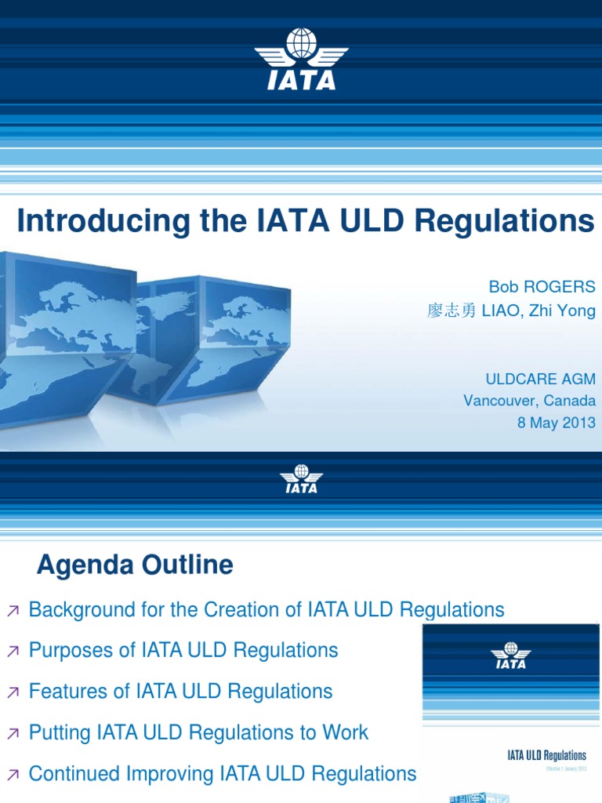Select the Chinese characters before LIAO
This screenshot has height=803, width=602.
[x=451, y=311]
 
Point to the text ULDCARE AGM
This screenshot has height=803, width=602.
[x=541, y=380]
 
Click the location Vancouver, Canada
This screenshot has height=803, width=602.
[x=529, y=401]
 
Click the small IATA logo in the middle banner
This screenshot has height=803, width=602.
[x=300, y=479]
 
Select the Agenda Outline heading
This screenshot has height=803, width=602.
[x=135, y=565]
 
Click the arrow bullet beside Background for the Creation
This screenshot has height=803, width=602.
[x=13, y=610]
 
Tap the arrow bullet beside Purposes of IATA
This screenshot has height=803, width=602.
[x=13, y=651]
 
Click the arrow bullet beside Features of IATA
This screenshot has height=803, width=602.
[x=13, y=692]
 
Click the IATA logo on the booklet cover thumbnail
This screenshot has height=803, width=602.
[x=511, y=656]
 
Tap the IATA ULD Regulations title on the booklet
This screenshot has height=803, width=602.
[x=546, y=756]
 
